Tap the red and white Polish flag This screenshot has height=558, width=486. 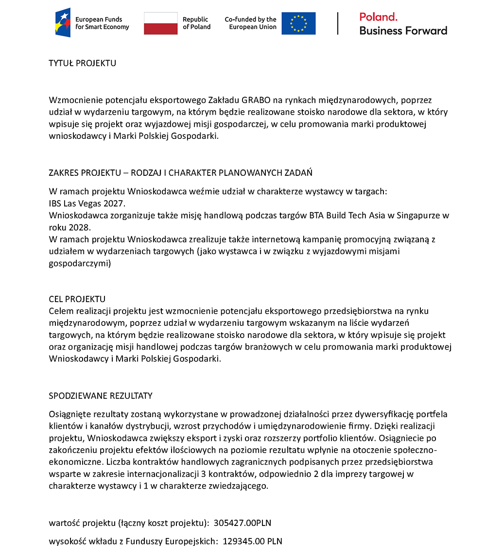(160, 23)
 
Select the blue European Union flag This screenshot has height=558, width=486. (298, 23)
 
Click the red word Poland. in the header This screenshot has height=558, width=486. (379, 17)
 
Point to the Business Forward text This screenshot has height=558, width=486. (403, 31)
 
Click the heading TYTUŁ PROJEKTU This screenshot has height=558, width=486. (82, 63)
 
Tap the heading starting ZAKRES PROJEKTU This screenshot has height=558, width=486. (180, 173)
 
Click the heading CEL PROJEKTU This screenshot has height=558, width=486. (77, 299)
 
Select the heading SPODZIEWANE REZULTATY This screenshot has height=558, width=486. (101, 395)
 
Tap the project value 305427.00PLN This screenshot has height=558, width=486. (242, 523)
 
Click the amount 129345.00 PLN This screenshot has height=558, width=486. (252, 541)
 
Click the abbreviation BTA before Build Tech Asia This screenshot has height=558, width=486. (316, 215)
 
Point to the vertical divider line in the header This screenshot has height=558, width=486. (338, 23)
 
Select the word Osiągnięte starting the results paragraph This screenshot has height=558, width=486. (69, 414)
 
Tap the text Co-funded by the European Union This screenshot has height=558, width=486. (250, 23)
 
